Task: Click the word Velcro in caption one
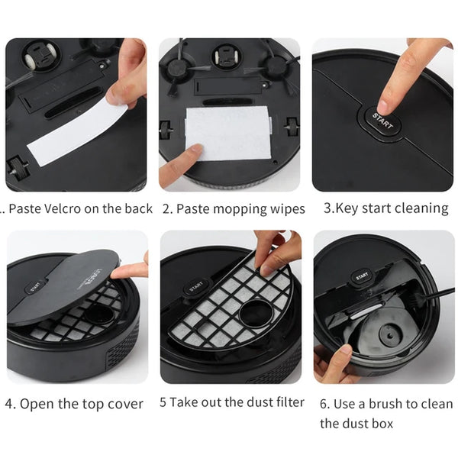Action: click(60, 208)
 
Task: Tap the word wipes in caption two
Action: click(288, 209)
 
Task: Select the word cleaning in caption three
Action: click(419, 208)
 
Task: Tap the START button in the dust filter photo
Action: click(196, 286)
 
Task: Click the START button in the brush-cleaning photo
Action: click(362, 276)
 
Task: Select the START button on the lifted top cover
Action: click(37, 287)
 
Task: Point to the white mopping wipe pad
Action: click(227, 133)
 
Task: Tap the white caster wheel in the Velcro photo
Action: click(30, 60)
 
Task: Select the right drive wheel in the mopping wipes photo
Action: click(292, 127)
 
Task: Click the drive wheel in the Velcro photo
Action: click(18, 168)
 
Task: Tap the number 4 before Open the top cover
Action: click(10, 405)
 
